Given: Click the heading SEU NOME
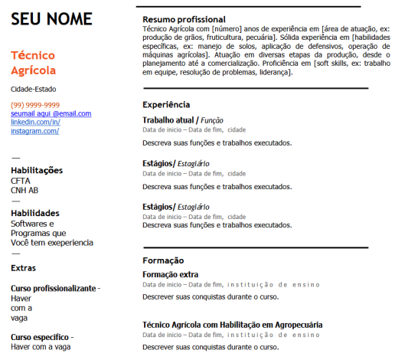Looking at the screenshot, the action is pos(51,18).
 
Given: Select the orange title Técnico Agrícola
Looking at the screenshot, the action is pos(34,63).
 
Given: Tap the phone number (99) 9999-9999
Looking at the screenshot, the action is pos(35,105).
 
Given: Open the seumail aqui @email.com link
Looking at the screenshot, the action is pos(51,113).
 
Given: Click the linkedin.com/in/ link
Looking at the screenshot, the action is pos(35,122).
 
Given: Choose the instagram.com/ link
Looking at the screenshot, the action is pos(34,131).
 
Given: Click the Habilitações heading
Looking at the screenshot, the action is pos(37,170).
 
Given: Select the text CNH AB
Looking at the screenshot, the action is pos(24,190).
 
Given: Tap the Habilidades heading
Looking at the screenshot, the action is pos(35,213).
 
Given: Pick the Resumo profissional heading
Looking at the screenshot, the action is pos(184,19).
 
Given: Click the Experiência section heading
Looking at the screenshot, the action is pos(166,104).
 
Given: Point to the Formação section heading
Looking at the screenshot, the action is pos(162,260).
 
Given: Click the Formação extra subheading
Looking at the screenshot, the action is pos(171,274).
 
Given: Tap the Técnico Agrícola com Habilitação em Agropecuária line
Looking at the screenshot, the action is pos(233,325).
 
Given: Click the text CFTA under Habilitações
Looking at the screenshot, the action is pos(21,181).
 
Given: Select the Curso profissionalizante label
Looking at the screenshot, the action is pos(54,288).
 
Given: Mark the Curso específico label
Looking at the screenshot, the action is pos(40,337).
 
